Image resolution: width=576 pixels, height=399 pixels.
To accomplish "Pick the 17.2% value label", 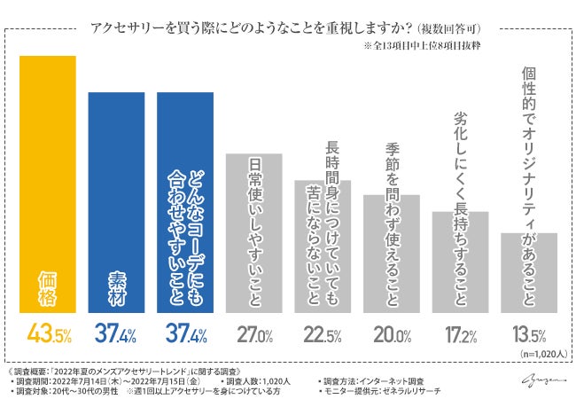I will click(x=461, y=335).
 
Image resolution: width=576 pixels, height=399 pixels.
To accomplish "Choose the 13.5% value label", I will click(x=528, y=335).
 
